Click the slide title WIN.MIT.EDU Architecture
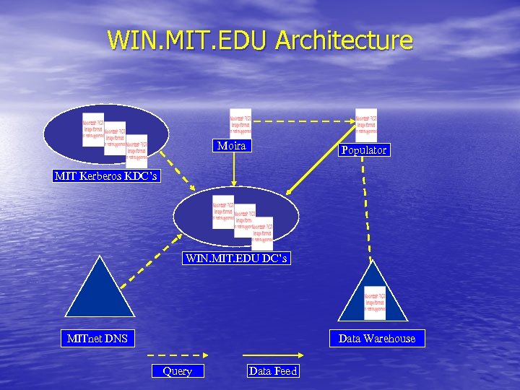pos(260,40)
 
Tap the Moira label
pos(232,146)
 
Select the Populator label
pos(364,150)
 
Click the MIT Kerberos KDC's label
pos(105,176)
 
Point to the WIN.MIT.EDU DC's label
pos(237,258)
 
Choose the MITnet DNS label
pos(97,338)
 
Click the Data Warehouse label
pos(377,338)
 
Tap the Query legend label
pos(178,371)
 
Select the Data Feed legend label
pos(272,371)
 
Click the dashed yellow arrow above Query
pos(178,355)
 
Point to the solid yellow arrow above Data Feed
pos(272,355)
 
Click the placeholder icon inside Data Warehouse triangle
pos(375,303)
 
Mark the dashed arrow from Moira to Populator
pos(303,121)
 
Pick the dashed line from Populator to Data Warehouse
pos(367,209)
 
